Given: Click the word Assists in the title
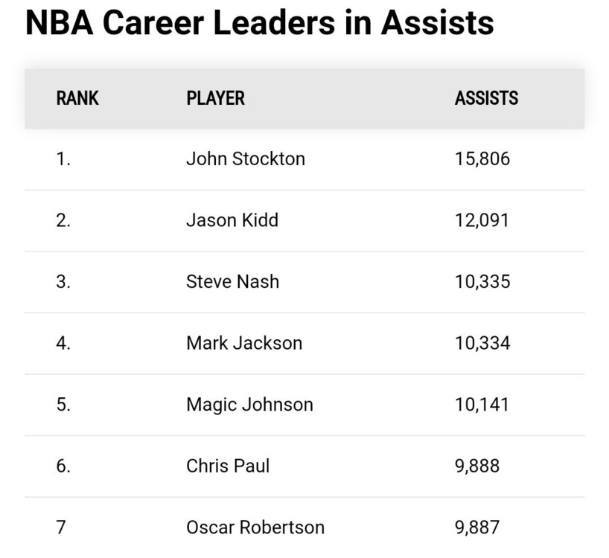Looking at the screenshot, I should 437,23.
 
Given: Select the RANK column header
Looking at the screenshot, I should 77,98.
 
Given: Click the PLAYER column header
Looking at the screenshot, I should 215,98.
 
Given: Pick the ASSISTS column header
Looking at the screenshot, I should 486,98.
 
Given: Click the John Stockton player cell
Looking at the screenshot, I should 245,159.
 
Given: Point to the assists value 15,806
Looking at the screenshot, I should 482,159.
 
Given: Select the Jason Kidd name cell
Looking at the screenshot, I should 232,221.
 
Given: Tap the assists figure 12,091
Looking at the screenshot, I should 482,221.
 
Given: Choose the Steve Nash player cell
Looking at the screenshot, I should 232,282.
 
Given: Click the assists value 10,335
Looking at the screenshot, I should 482,282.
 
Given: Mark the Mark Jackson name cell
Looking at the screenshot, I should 244,343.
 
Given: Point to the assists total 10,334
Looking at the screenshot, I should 482,343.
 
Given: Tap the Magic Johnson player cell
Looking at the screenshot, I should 249,405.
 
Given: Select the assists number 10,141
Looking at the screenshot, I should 482,405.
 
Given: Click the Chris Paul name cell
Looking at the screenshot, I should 228,466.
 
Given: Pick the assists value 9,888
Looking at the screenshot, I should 476,466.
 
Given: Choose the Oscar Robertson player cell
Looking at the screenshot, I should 255,527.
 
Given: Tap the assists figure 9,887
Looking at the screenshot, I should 476,527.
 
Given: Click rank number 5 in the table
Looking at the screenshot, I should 63,405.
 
